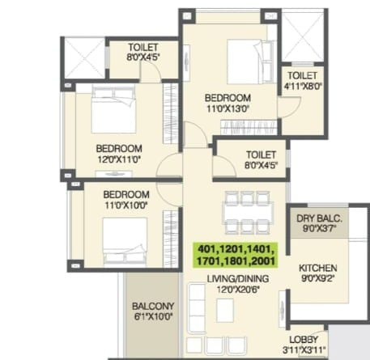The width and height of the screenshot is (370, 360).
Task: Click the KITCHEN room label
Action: pos(317,268)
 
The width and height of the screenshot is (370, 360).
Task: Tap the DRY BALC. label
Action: pos(319,218)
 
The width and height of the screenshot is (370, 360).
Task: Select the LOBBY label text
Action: pos(304,340)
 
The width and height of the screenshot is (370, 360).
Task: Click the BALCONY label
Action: pos(153,306)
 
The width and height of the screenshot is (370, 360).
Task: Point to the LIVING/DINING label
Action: pos(238,278)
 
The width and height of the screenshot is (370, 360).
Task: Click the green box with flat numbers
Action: pos(236,255)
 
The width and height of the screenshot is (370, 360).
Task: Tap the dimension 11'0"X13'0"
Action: pos(228,108)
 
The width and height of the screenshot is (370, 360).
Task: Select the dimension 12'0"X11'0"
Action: pos(119,159)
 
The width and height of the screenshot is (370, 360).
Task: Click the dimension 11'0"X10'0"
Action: pos(125,205)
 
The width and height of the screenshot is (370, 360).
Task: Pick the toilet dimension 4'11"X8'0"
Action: pos(303,87)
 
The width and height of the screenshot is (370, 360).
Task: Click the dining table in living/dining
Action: pos(248,213)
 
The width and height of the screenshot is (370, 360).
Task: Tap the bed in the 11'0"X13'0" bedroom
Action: pos(250,62)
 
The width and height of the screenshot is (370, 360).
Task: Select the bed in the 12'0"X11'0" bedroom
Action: pos(113,109)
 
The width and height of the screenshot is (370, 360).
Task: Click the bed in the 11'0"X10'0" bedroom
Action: pos(125,243)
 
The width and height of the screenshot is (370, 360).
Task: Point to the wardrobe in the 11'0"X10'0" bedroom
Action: pos(170,239)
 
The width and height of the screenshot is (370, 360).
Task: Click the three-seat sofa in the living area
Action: pos(197,308)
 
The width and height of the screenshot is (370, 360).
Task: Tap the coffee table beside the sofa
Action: pos(225,311)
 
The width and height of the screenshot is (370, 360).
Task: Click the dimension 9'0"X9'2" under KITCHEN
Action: pos(317,278)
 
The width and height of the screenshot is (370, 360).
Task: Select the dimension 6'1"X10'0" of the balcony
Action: pos(153,316)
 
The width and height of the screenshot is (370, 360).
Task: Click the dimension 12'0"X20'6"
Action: pos(238,290)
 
